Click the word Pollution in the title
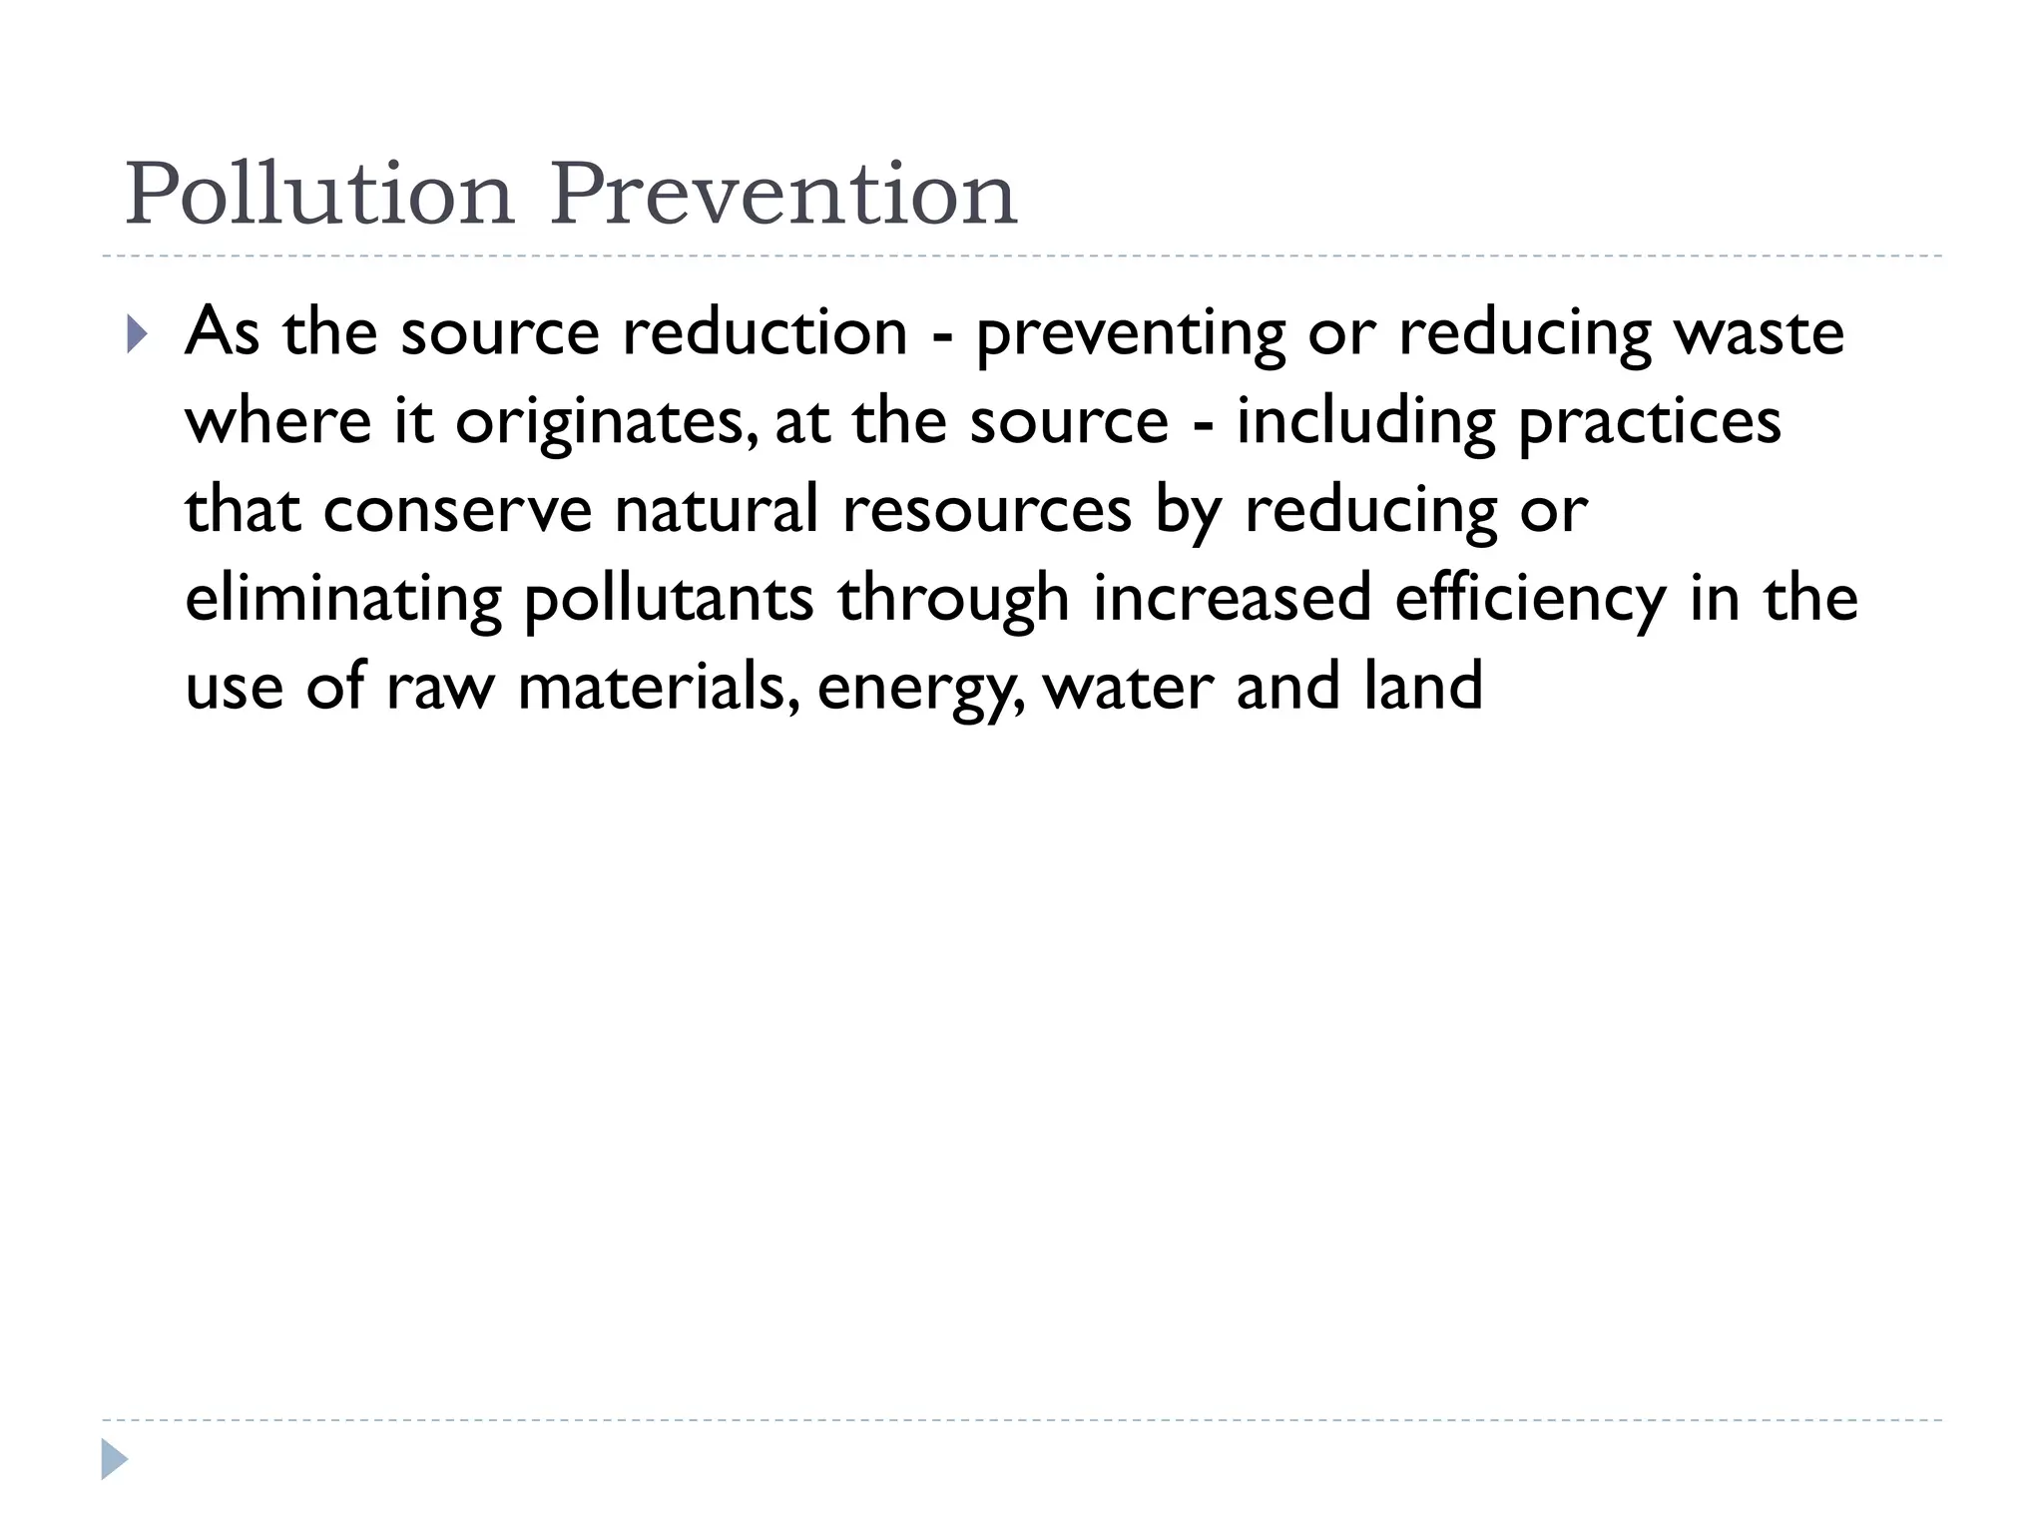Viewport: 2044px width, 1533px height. click(x=319, y=194)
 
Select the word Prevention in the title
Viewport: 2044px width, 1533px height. click(x=783, y=194)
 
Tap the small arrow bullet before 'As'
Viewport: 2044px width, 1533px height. click(x=138, y=334)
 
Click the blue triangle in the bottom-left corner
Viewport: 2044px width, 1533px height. click(x=115, y=1459)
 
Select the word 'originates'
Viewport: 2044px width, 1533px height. click(x=600, y=423)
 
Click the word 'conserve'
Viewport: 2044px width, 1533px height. click(x=458, y=511)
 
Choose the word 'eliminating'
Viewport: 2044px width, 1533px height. click(x=343, y=600)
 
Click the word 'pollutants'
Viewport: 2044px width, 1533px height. click(x=669, y=600)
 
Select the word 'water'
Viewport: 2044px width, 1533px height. click(x=1128, y=689)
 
